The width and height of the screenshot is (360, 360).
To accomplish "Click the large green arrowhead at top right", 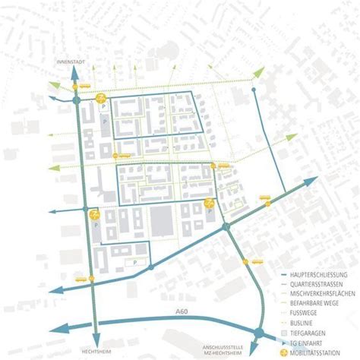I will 259,72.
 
